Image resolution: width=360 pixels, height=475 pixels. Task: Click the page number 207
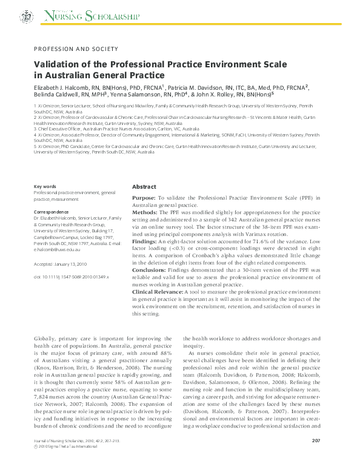click(315, 457)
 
